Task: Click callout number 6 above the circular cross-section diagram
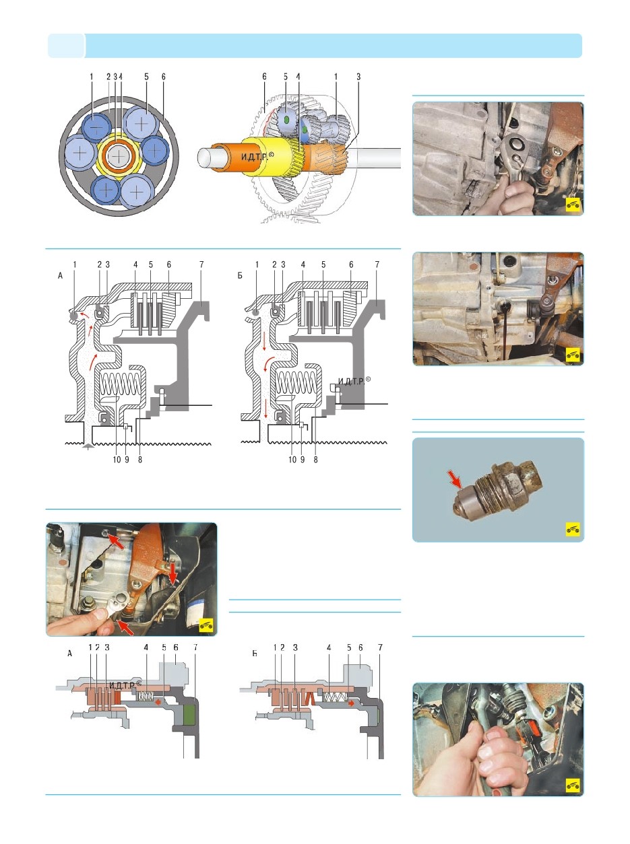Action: [x=164, y=77]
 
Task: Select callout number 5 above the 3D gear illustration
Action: [x=286, y=77]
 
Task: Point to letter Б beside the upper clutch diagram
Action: [x=240, y=276]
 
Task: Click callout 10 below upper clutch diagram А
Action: [x=117, y=460]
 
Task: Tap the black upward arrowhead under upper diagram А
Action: [x=88, y=446]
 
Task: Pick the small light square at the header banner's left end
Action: [x=66, y=46]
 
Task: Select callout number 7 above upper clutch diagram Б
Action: [x=377, y=265]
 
